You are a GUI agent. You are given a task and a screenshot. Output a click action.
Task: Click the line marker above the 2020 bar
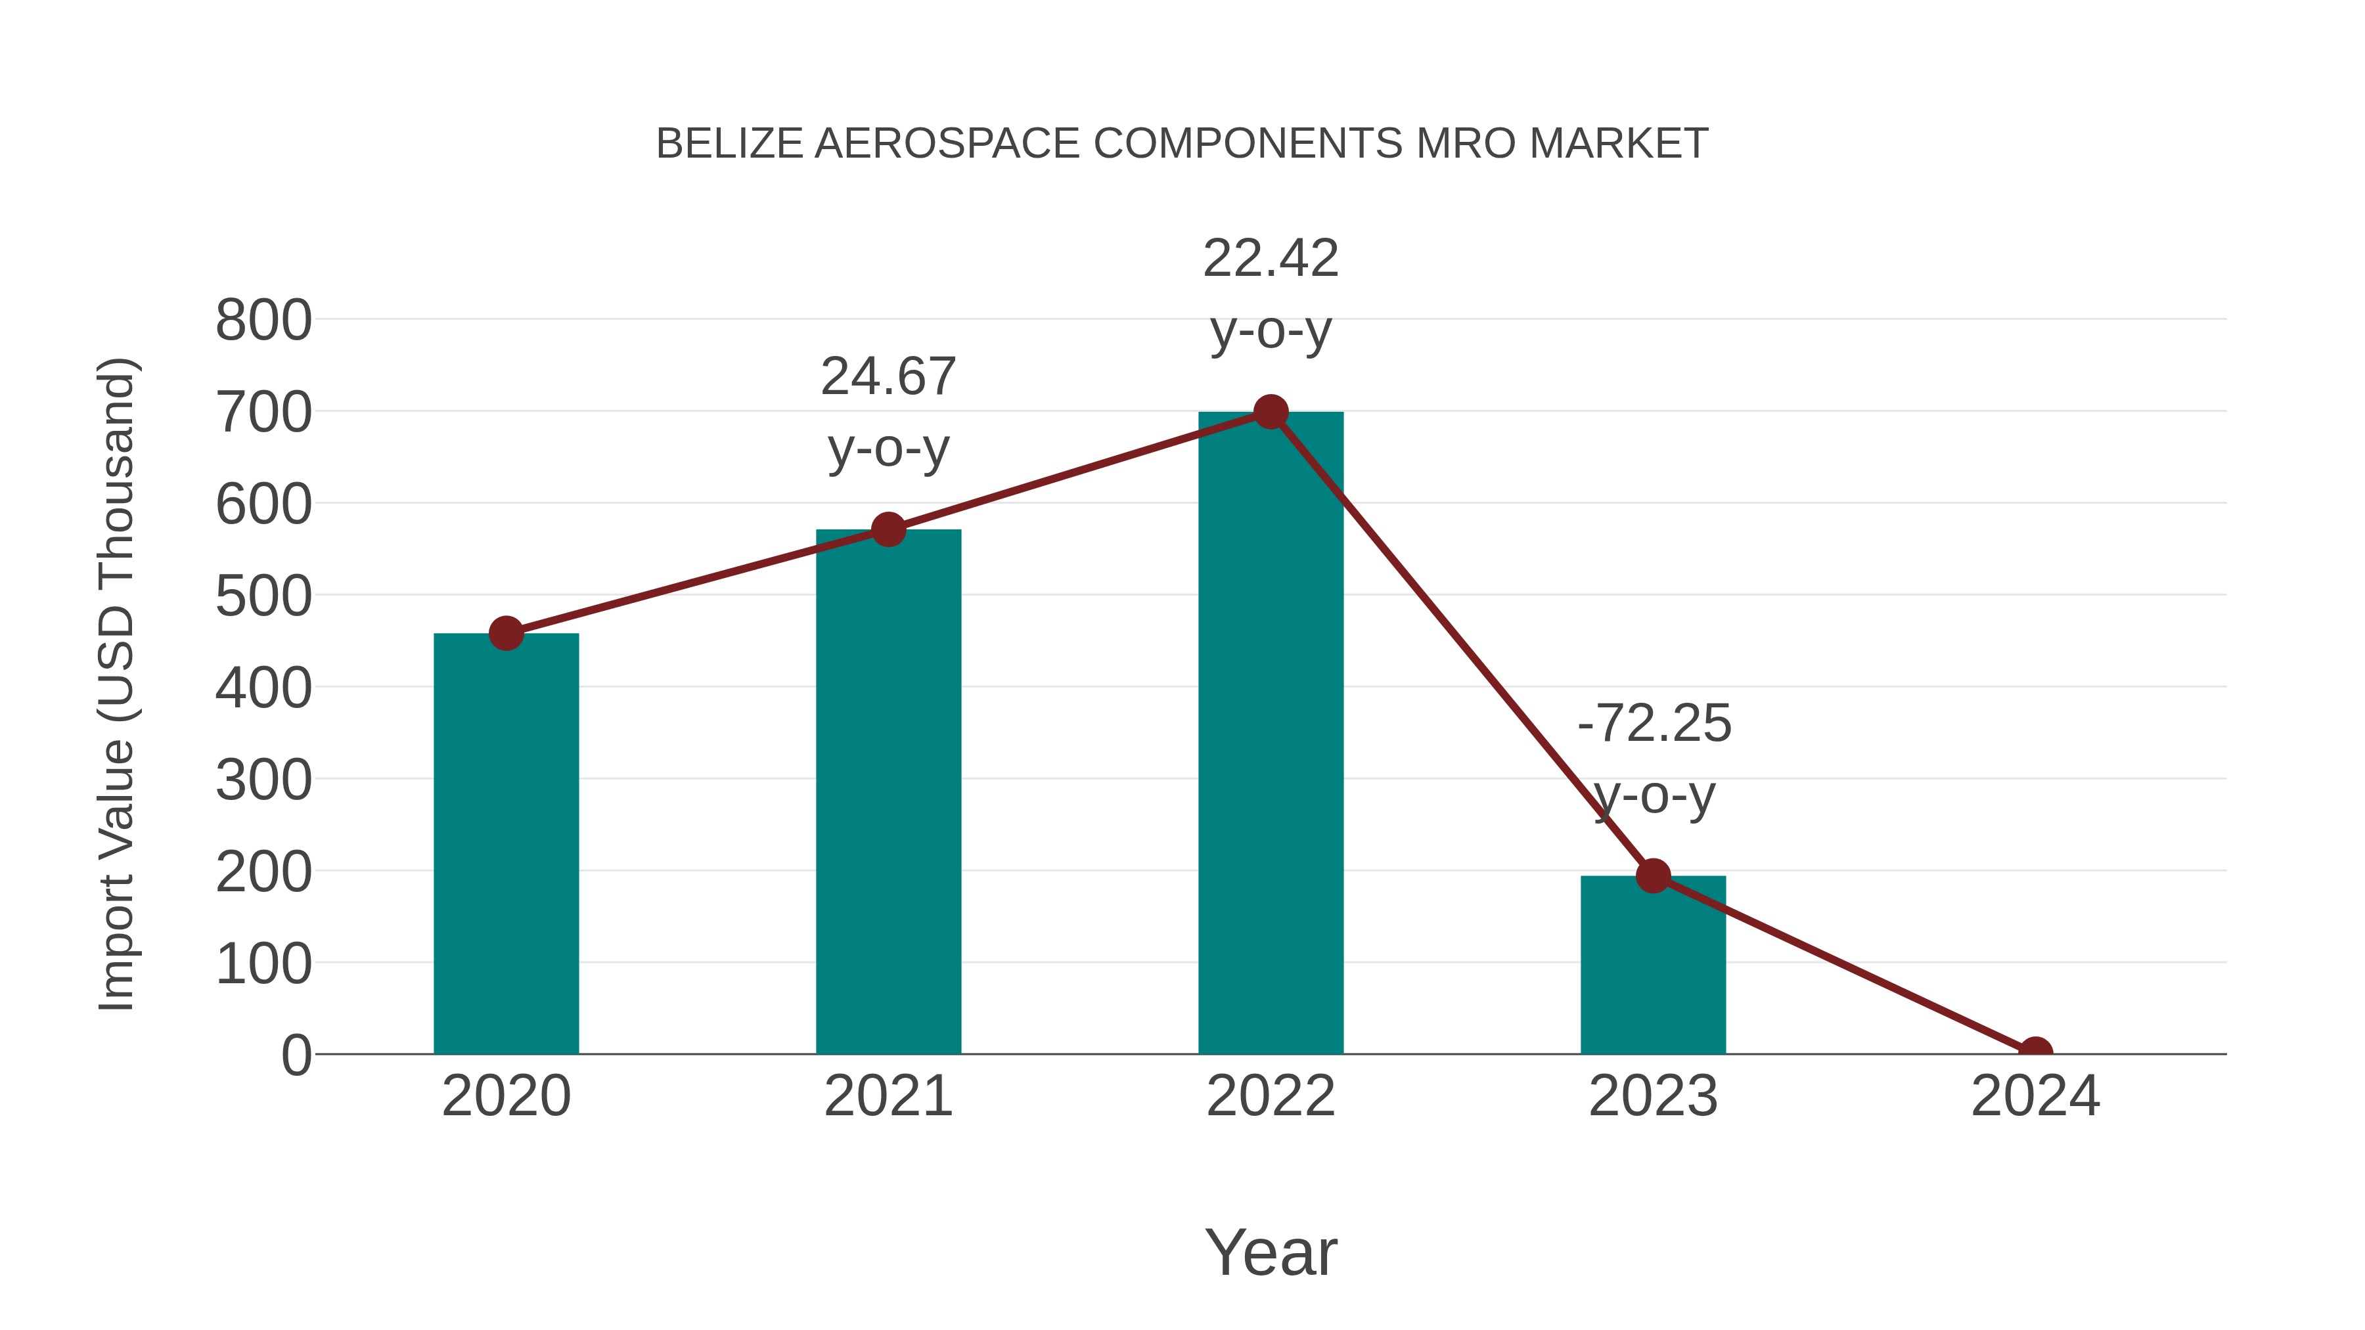pyautogui.click(x=506, y=633)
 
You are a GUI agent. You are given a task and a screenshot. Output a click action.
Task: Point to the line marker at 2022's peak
pyautogui.click(x=1271, y=412)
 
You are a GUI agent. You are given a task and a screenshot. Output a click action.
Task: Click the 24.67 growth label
pyautogui.click(x=888, y=376)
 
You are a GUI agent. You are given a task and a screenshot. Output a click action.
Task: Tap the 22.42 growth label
pyautogui.click(x=1271, y=258)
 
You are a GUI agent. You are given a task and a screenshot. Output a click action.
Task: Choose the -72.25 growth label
pyautogui.click(x=1654, y=723)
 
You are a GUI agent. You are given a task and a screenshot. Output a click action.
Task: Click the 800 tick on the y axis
pyautogui.click(x=263, y=321)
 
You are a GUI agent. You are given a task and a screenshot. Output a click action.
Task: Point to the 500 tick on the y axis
pyautogui.click(x=263, y=596)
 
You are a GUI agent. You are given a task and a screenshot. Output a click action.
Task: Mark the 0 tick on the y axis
pyautogui.click(x=296, y=1055)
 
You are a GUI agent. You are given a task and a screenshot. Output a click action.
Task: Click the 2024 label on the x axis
pyautogui.click(x=2035, y=1096)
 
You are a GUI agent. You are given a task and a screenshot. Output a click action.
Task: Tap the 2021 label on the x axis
pyautogui.click(x=888, y=1096)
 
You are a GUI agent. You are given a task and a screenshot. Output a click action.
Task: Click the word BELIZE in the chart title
pyautogui.click(x=729, y=144)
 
